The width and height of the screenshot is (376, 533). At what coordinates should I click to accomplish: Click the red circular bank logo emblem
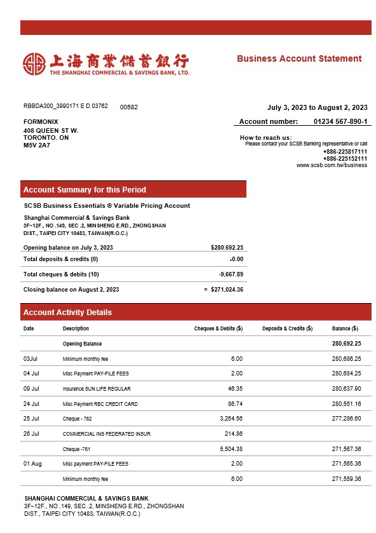tap(34, 63)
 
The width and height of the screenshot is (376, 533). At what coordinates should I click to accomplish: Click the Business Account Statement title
tap(299, 58)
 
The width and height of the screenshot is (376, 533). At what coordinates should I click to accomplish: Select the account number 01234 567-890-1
tap(340, 121)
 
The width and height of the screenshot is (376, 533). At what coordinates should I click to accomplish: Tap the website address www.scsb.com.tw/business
tap(332, 165)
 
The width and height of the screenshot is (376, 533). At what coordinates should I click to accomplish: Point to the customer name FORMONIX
tap(41, 121)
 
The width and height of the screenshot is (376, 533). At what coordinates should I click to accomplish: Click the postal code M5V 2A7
tap(37, 145)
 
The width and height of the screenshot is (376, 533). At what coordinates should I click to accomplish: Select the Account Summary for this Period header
tap(84, 189)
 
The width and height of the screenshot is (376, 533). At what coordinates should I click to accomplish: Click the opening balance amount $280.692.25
tap(227, 248)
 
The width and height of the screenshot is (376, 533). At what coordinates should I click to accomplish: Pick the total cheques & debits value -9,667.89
tap(231, 274)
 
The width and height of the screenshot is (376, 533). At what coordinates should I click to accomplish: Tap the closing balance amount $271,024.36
tap(227, 290)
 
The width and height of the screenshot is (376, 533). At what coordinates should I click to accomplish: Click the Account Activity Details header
tap(67, 313)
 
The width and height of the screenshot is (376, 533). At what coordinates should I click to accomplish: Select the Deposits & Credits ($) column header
tap(287, 328)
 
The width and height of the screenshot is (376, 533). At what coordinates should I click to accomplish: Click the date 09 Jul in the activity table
tap(31, 389)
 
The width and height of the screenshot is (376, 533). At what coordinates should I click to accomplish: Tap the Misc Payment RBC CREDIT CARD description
tap(100, 404)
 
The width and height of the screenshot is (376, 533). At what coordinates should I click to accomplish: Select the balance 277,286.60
tap(346, 419)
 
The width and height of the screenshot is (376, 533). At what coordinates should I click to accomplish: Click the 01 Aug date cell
tap(32, 464)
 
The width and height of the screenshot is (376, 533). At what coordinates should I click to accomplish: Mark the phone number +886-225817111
tap(345, 152)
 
